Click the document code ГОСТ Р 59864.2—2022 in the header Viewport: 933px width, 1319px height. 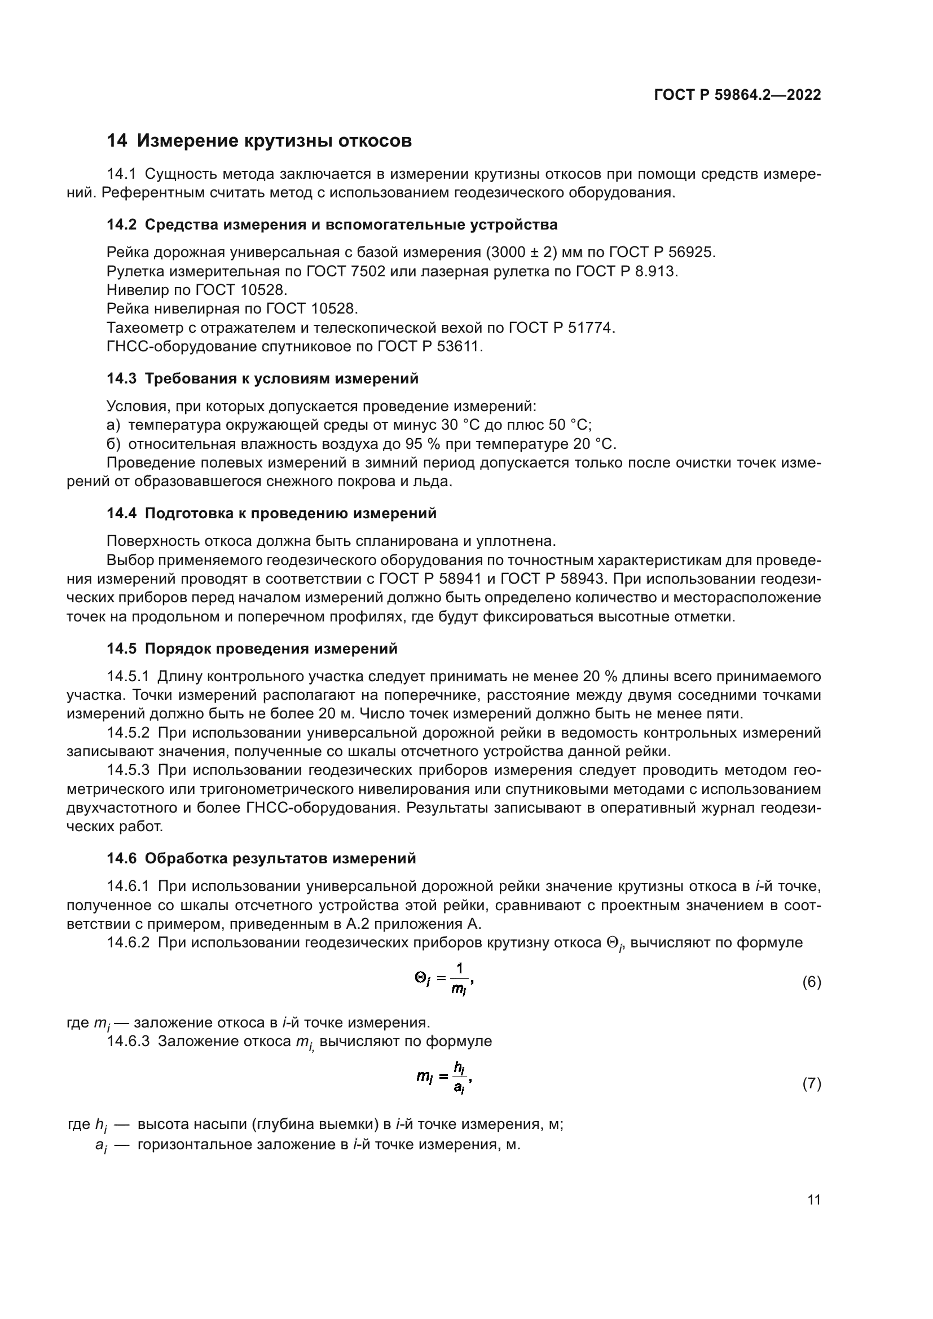coord(737,95)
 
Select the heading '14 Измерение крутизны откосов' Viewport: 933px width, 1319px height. coord(259,141)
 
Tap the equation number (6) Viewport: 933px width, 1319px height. coord(811,982)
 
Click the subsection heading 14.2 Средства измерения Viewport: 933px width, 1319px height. coord(332,224)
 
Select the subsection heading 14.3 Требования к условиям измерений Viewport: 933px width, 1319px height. coord(262,378)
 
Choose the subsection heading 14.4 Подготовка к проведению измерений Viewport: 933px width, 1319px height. coord(272,514)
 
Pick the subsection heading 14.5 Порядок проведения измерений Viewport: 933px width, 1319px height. coord(252,649)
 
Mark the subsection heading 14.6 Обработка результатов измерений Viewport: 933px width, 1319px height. coord(261,859)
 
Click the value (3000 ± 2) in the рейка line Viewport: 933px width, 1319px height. coord(526,252)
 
